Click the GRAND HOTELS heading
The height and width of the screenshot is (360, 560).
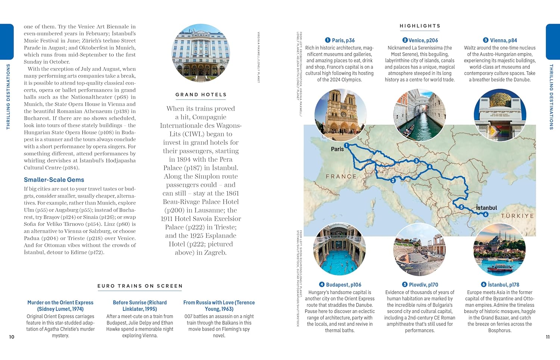201,95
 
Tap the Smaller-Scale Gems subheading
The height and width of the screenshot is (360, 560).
54,180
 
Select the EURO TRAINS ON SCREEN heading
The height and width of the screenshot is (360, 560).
140,286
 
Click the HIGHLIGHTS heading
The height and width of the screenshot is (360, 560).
420,26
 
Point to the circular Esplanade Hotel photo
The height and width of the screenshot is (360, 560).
201,53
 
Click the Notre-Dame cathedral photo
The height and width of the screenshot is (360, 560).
340,115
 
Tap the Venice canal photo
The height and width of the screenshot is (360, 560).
419,115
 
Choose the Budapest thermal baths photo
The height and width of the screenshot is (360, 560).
339,249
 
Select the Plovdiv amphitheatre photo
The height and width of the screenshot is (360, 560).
419,249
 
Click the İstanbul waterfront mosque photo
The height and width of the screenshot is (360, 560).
499,249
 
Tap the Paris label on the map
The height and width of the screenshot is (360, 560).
337,149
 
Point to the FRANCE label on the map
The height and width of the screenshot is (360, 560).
341,176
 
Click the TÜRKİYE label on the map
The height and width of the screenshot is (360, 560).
517,216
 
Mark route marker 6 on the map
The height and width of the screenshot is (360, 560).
485,214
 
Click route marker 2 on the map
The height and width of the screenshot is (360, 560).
393,180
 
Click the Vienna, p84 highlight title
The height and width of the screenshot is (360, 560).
500,40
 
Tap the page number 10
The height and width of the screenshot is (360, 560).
12,337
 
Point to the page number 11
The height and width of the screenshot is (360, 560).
548,337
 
